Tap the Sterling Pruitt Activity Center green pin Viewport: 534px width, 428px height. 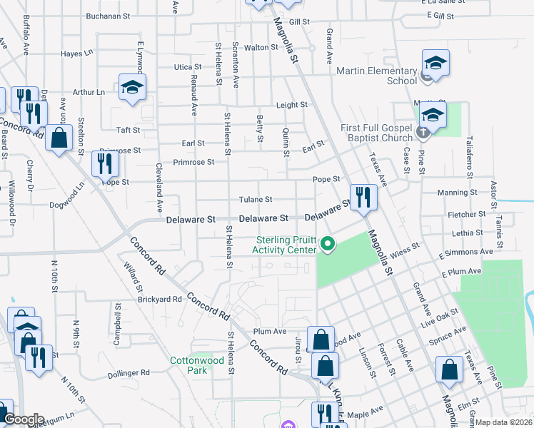tap(328, 244)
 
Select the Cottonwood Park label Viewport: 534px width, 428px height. tap(197, 365)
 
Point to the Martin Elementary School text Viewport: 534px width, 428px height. tap(382, 76)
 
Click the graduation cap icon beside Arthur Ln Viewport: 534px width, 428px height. tap(132, 88)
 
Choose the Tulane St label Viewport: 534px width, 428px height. tap(256, 200)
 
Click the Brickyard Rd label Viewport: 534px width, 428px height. tap(160, 300)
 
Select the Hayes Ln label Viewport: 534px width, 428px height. tap(77, 53)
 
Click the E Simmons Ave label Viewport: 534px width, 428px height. tap(467, 253)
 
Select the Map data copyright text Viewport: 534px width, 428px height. tap(504, 422)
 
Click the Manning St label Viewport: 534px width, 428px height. tap(457, 193)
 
